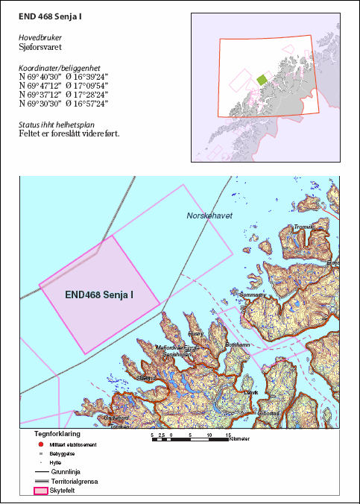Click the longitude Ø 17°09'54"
coord(87,85)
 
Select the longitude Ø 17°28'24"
coord(87,95)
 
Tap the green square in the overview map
coord(262,79)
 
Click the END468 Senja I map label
coord(99,294)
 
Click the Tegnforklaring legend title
coord(57,433)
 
